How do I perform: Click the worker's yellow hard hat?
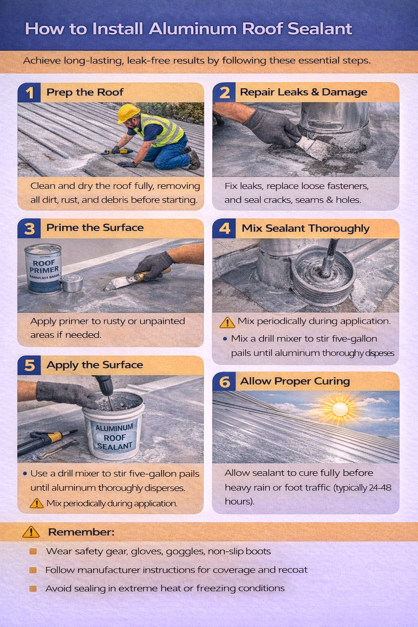128,113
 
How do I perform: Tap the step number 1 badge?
29,93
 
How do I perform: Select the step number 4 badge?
224,228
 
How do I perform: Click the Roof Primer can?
43,269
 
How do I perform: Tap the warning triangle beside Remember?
31,532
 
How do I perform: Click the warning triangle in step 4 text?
227,322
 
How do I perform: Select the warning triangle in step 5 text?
37,504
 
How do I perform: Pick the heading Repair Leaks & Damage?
303,92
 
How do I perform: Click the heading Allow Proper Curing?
295,381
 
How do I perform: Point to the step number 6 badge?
224,382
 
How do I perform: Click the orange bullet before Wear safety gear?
33,551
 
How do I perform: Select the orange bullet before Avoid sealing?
33,589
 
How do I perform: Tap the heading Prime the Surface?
95,228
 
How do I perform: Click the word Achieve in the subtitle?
42,61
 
